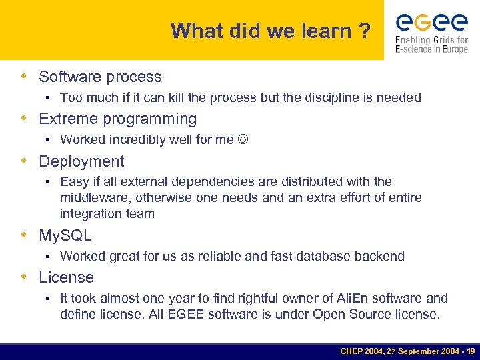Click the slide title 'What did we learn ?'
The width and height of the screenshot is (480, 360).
(270, 31)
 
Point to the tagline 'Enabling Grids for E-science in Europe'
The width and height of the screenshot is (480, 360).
(431, 45)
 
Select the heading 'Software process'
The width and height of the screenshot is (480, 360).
(100, 77)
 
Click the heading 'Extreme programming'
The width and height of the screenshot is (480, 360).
(117, 119)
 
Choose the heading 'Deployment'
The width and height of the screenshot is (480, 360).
(81, 161)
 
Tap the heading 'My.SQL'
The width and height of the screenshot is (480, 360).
(65, 235)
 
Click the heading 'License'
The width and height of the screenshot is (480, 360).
(66, 277)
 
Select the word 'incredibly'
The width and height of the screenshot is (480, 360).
(137, 139)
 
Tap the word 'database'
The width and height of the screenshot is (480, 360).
(331, 256)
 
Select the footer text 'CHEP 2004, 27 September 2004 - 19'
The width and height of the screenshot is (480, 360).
(407, 351)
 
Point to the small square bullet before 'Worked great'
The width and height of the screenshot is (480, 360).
(49, 257)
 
